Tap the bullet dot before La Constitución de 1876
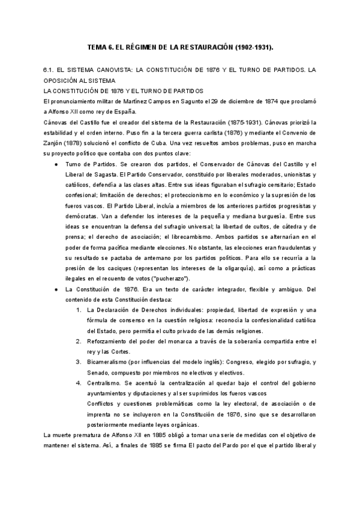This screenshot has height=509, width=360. pos(56,289)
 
